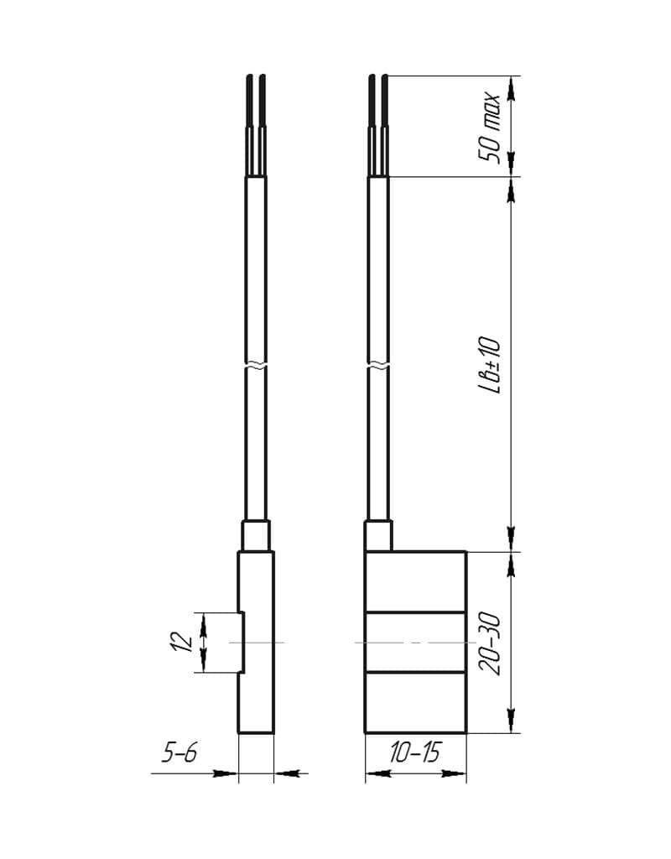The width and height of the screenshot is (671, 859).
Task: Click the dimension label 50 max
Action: click(489, 129)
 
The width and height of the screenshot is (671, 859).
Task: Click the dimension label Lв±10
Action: click(489, 365)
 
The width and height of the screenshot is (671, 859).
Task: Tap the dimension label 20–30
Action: click(489, 644)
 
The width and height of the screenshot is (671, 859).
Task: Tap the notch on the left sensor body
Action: click(242, 642)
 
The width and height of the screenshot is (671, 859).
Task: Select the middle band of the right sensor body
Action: click(416, 642)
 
